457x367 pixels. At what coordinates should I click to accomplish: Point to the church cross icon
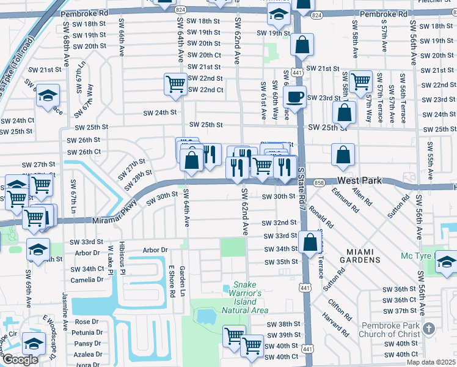tap(429, 328)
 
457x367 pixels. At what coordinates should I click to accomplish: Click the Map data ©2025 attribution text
tap(431, 362)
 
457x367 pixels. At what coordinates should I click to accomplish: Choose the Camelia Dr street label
tap(88, 280)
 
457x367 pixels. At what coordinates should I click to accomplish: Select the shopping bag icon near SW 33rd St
tap(310, 242)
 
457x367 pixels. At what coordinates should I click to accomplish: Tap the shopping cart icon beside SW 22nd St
tap(175, 83)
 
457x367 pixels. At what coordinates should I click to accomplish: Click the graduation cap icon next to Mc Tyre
tap(447, 263)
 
